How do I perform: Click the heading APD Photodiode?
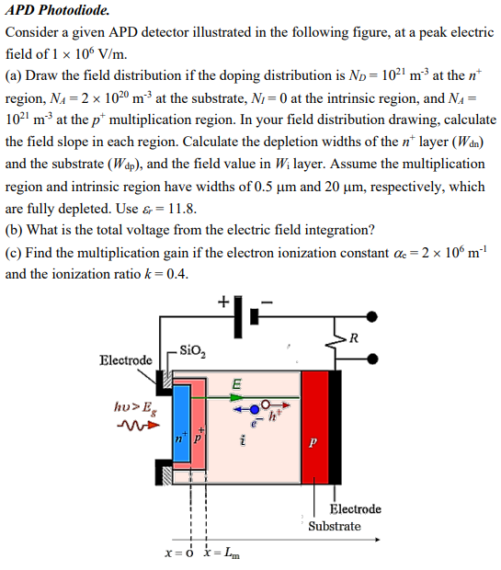pos(57,12)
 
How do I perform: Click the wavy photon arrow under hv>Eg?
pos(134,425)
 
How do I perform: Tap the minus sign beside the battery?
pos(267,301)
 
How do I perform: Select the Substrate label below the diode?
pos(335,526)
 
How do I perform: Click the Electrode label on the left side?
pos(126,359)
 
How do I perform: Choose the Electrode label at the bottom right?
pos(355,508)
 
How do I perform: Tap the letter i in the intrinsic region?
pos(241,444)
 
